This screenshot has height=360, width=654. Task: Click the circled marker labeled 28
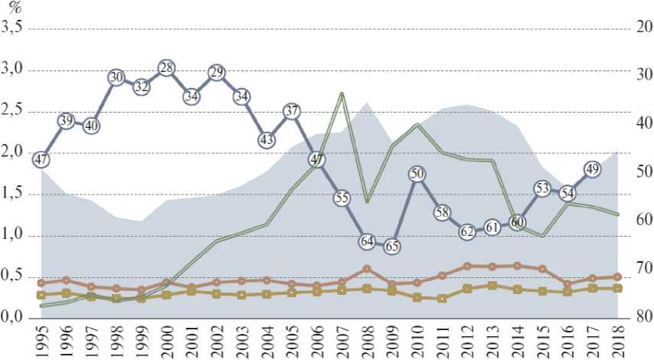(166, 68)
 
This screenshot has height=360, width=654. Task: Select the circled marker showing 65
(391, 247)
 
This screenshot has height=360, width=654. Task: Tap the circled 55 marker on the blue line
(342, 198)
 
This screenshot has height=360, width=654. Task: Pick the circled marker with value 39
(66, 120)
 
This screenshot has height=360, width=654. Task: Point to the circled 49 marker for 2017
(592, 169)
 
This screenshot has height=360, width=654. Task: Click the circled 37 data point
(291, 110)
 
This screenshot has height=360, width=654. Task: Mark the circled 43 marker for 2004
(267, 140)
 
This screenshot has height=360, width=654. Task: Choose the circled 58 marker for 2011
(442, 212)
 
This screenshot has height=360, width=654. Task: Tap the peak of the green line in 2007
(342, 93)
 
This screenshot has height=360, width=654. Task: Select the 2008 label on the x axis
(367, 342)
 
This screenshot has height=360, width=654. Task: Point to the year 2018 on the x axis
(617, 342)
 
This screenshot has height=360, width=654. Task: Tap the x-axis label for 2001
(191, 342)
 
